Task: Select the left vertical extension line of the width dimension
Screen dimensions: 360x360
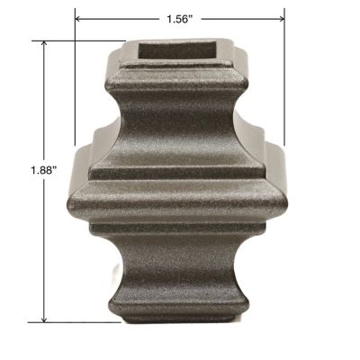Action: [x=75, y=81]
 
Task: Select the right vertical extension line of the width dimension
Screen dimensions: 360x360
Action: [x=284, y=81]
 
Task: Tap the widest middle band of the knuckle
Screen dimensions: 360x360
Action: [x=180, y=202]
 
